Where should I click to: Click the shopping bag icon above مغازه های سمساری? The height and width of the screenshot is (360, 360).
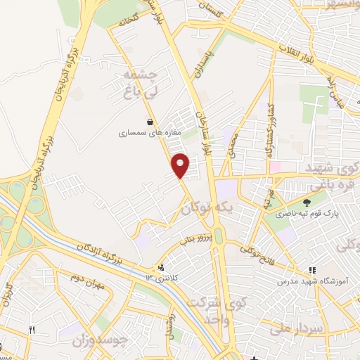coord(149,121)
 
